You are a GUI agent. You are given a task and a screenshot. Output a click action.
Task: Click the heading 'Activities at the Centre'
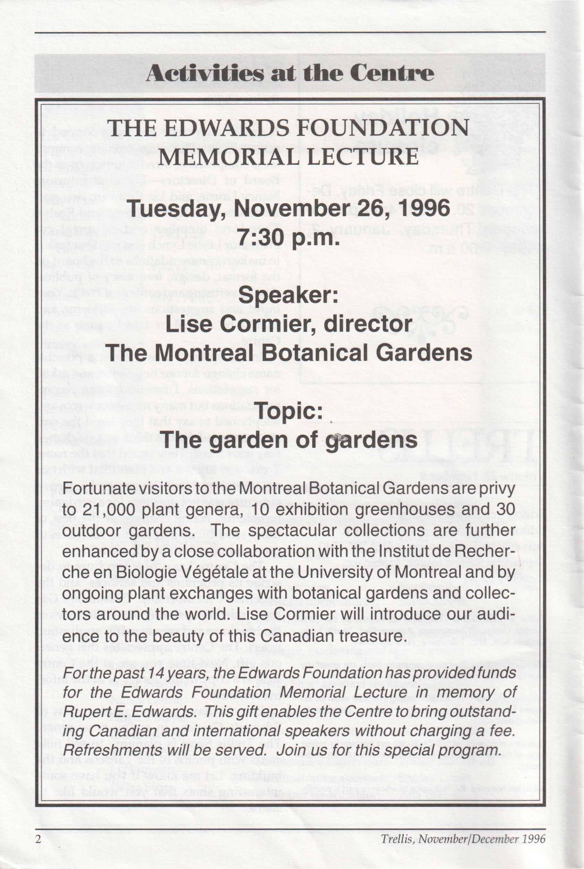290,74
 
